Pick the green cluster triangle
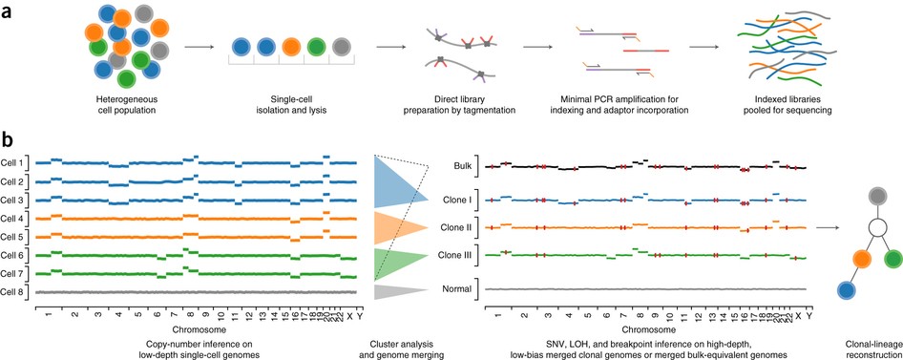click(395, 260)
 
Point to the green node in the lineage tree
click(893, 259)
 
